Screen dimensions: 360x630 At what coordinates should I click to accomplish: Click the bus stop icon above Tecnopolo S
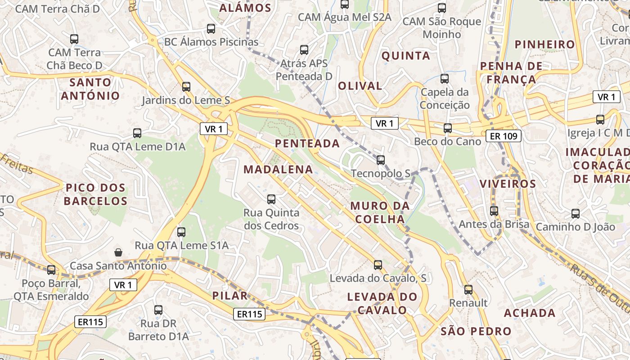(381, 160)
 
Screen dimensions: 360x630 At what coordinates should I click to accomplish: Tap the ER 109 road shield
(504, 135)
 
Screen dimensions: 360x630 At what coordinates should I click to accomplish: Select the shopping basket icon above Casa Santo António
(118, 252)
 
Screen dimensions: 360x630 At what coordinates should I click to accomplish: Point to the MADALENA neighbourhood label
(278, 169)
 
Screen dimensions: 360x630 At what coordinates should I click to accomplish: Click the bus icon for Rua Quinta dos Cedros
(271, 199)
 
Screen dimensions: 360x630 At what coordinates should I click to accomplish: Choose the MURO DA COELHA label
(380, 212)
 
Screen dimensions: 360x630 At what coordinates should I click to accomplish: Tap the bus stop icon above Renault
(468, 289)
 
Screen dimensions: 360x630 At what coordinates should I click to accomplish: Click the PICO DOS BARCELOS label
(95, 194)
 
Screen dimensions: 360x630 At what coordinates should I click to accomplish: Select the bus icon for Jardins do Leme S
(186, 86)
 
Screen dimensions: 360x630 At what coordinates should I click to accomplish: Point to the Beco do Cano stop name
(447, 141)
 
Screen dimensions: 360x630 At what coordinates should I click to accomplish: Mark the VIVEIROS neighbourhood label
(508, 184)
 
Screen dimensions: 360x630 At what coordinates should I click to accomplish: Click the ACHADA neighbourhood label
(530, 313)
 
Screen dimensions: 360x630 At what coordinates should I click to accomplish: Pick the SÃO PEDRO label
(476, 332)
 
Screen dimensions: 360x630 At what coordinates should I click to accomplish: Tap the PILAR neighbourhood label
(230, 296)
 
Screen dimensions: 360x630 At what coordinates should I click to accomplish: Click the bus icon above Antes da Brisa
(494, 211)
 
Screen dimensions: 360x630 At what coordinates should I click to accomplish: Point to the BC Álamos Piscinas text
(211, 42)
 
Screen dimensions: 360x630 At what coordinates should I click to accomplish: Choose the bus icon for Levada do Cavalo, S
(378, 265)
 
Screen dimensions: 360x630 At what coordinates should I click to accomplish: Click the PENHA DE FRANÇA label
(511, 73)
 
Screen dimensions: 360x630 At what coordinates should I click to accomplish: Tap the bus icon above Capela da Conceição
(445, 79)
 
